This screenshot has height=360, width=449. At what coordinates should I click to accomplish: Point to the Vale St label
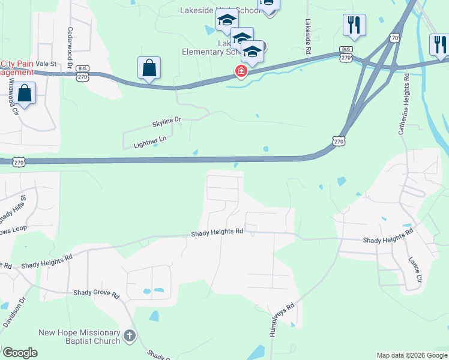pyautogui.click(x=46, y=63)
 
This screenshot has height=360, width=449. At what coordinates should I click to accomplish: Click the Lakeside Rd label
pyautogui.click(x=307, y=37)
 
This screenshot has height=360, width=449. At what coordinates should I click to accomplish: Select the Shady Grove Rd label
pyautogui.click(x=97, y=293)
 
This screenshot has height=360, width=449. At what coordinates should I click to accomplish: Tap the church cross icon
pyautogui.click(x=130, y=337)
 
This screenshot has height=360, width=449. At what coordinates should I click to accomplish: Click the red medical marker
pyautogui.click(x=241, y=72)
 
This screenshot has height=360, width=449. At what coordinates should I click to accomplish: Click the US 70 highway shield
pyautogui.click(x=394, y=37)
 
